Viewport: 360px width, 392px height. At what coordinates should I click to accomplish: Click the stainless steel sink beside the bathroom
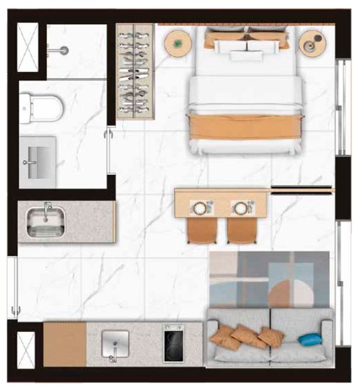point(46,221)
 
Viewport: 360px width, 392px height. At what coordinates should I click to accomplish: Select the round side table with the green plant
point(178,43)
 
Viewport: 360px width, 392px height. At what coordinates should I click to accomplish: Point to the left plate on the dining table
point(200,208)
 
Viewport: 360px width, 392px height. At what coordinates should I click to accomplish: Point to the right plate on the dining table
point(240,208)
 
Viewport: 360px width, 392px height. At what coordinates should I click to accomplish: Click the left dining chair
point(200,230)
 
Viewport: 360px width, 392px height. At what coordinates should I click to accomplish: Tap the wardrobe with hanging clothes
point(136,71)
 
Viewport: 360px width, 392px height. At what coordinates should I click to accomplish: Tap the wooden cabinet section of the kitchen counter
point(65,344)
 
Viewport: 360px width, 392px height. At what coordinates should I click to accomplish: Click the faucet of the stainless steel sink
point(47,209)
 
